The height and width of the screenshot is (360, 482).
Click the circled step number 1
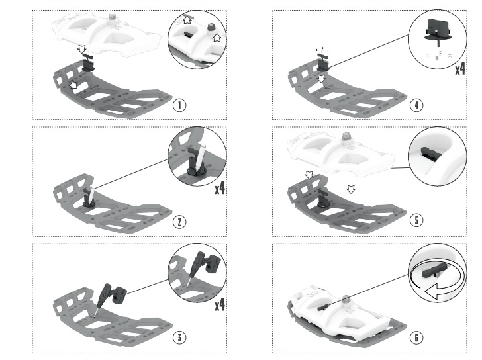[179, 105]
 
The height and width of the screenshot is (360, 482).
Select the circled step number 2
[179, 222]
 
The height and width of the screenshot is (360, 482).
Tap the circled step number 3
[179, 337]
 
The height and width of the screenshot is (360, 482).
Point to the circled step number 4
[416, 105]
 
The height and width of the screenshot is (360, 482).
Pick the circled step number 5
[416, 220]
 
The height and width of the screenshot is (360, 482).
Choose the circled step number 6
[416, 337]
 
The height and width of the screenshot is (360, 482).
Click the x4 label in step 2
[220, 189]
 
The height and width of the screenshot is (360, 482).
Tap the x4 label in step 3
[220, 305]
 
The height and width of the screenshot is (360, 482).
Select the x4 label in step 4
[460, 69]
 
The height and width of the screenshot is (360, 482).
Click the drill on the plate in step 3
[110, 297]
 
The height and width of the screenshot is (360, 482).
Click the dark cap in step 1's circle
[211, 26]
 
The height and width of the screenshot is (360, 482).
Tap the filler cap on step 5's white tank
[347, 137]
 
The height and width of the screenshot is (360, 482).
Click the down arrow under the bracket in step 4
[321, 79]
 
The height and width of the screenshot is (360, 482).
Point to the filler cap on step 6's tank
[346, 299]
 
